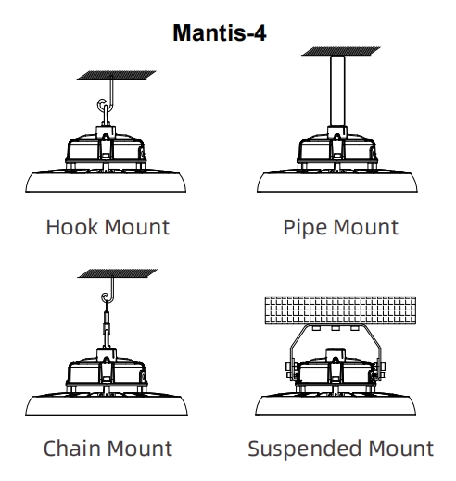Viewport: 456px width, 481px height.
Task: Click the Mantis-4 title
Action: pos(220,32)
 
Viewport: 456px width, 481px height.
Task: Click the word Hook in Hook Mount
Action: pos(72,227)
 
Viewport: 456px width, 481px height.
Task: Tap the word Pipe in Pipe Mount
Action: pos(306,228)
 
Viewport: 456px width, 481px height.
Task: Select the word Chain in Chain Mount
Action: pos(72,449)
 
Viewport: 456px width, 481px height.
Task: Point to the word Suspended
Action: pos(305,449)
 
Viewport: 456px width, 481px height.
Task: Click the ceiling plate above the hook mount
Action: pos(117,75)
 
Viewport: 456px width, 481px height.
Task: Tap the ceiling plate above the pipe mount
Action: pos(341,51)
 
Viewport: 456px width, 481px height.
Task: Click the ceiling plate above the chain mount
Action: pos(117,273)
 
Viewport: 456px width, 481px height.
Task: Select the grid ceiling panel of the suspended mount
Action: pos(340,310)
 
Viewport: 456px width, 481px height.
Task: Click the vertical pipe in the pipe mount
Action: pos(337,91)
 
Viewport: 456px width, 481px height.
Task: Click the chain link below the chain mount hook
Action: pos(107,326)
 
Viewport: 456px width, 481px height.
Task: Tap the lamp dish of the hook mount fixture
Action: pos(106,182)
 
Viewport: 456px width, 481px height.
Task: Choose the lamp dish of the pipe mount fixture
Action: pos(337,182)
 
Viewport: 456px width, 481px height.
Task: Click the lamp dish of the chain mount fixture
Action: pos(107,405)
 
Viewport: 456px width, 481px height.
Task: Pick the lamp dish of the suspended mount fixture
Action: pos(336,405)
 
